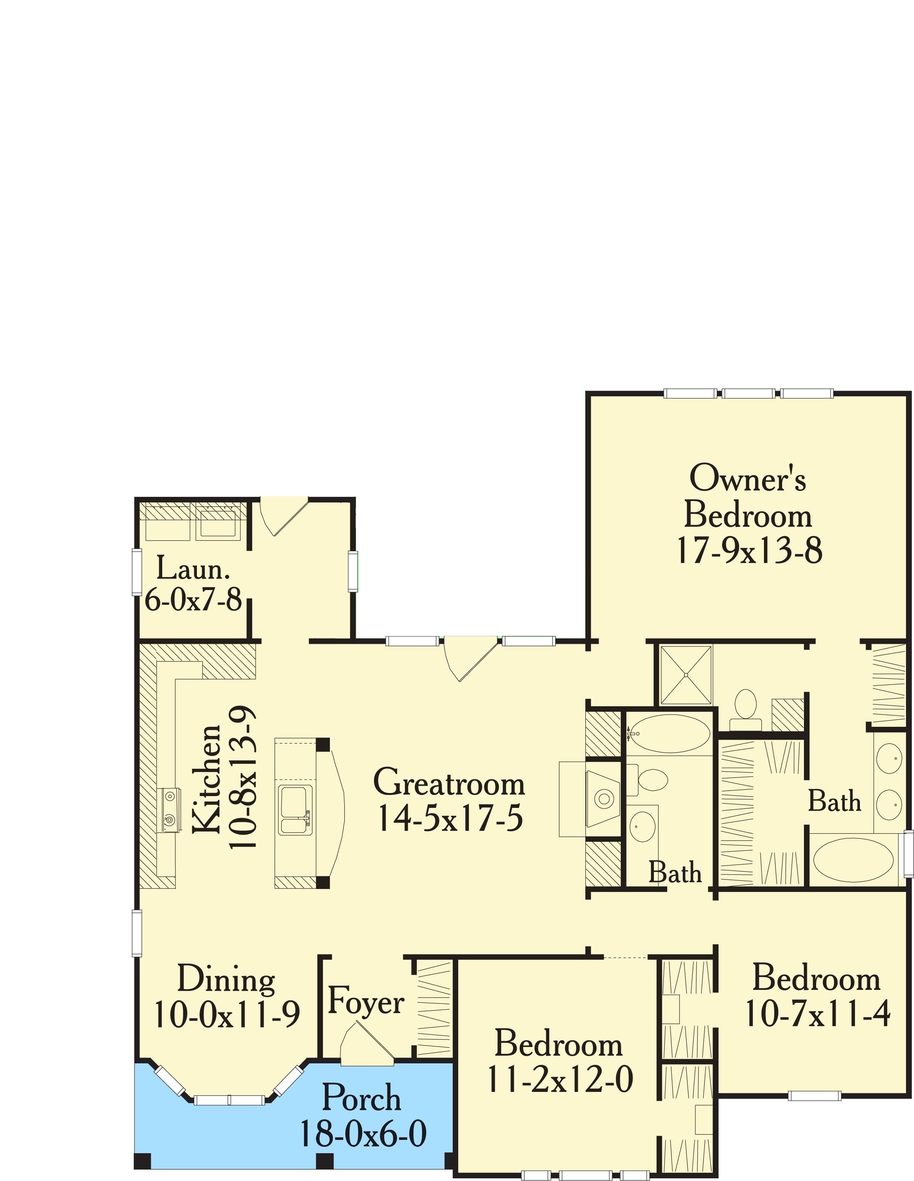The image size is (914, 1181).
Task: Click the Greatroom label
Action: point(449,782)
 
